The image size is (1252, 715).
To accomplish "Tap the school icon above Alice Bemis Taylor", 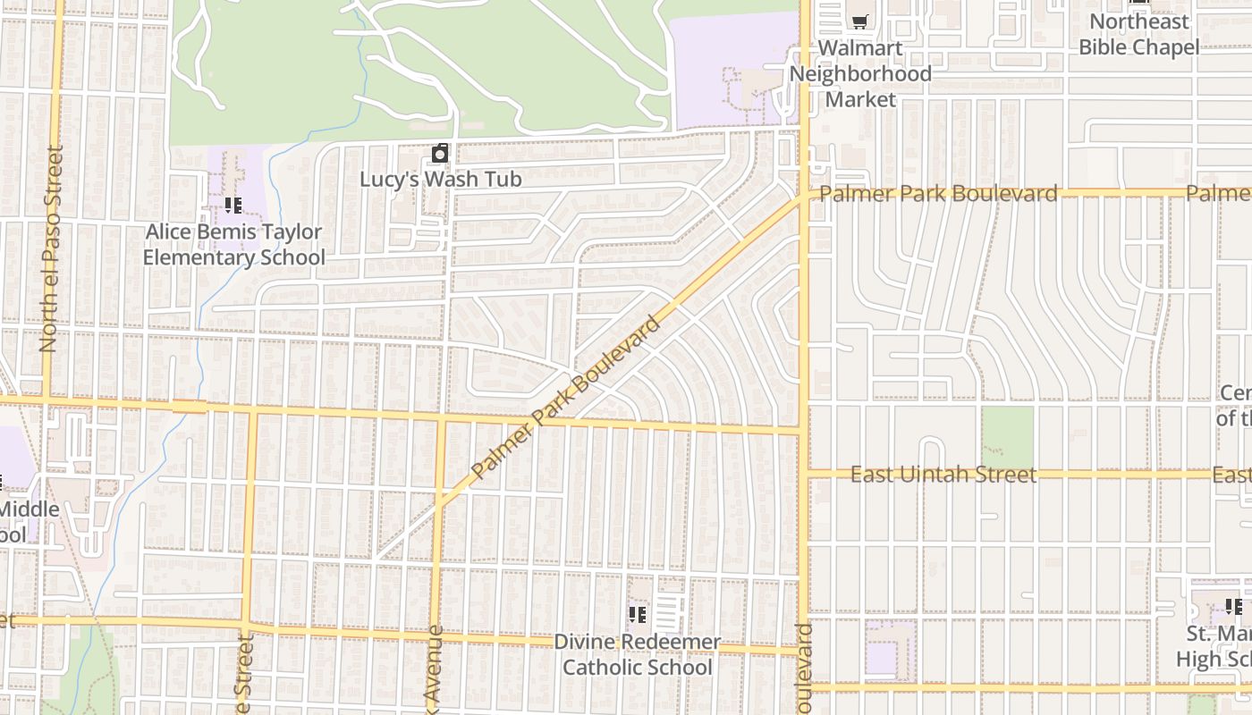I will pos(233,206).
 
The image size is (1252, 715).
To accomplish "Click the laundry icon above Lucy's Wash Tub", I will pos(439,154).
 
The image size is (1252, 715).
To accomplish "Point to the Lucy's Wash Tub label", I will pos(440,179).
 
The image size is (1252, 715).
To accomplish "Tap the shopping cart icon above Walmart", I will pos(859,21).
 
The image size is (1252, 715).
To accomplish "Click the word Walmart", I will pos(860,48).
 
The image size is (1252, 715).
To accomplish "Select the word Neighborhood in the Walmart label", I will pos(860,73).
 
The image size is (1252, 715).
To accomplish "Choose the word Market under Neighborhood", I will pos(860,98).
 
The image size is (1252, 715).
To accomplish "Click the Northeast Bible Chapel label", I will pos(1138,34).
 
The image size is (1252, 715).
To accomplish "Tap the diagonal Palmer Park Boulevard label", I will pos(565,396).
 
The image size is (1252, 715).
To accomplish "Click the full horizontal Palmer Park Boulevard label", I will pos(938,193).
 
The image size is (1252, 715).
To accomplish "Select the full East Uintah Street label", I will pos(943,475).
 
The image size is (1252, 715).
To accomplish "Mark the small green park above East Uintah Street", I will pos(1007,438).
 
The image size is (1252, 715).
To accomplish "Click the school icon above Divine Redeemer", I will pos(637,615).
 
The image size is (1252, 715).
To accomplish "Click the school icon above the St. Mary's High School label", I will pos(1233,608).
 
